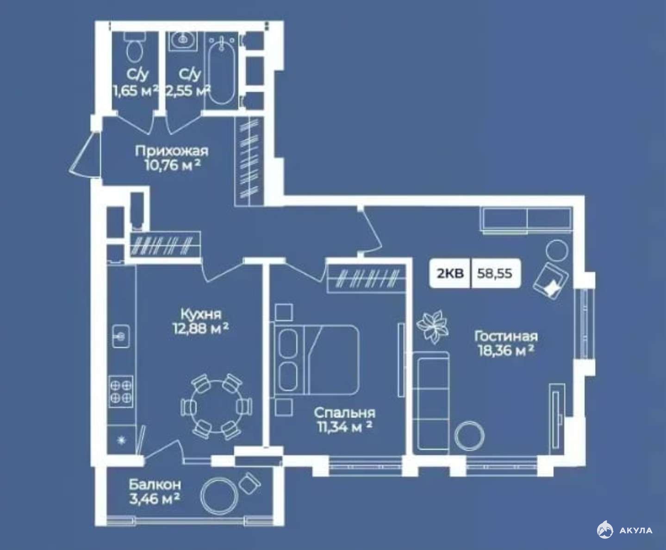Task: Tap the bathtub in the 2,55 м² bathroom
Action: [x=222, y=70]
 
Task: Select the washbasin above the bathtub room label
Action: [x=183, y=41]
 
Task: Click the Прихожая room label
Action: [x=172, y=151]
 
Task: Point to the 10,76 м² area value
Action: [x=173, y=166]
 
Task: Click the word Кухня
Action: [x=201, y=314]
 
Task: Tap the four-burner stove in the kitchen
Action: [x=121, y=391]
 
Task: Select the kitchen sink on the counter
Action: [x=121, y=336]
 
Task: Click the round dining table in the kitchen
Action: [x=216, y=407]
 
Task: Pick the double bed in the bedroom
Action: [x=315, y=359]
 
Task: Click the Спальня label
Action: [x=345, y=413]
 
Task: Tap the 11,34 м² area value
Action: [x=345, y=427]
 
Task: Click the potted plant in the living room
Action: [x=433, y=327]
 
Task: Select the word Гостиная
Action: [x=506, y=336]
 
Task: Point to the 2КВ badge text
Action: [x=450, y=273]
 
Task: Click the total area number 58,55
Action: [x=495, y=273]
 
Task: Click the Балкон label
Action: [x=155, y=485]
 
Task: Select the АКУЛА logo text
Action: [x=636, y=531]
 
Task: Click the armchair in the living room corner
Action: [x=551, y=281]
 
